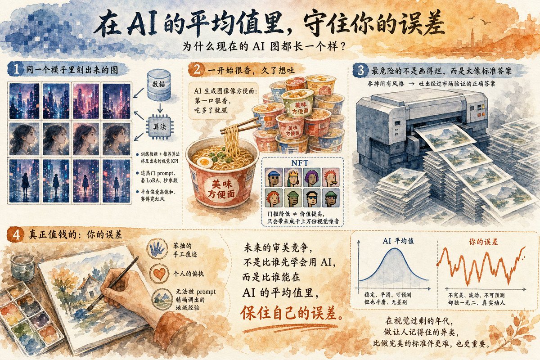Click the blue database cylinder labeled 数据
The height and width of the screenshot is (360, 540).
click(159, 85)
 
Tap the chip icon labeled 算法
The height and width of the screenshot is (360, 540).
click(160, 127)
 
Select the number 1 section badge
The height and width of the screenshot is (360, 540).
click(16, 69)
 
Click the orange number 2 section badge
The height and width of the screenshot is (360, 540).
click(197, 70)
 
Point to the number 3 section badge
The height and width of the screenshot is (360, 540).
click(361, 70)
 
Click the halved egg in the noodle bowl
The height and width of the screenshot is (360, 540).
click(204, 163)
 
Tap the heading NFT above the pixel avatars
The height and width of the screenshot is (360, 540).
click(300, 163)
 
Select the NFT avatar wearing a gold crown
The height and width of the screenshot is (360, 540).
click(292, 177)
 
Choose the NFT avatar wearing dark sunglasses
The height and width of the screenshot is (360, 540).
click(312, 198)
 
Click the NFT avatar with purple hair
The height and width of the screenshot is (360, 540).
click(312, 177)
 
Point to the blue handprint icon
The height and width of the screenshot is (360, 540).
click(157, 248)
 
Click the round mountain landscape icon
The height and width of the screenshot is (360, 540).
click(162, 298)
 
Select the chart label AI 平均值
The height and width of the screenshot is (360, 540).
click(398, 241)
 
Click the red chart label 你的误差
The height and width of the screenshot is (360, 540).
click(483, 242)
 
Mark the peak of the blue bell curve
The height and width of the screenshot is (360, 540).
click(395, 248)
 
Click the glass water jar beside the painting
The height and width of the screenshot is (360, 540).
click(22, 267)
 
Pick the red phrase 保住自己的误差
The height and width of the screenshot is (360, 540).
click(292, 313)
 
